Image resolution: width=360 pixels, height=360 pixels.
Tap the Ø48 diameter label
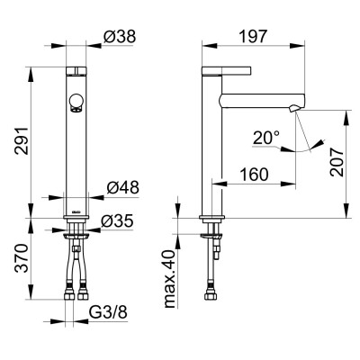click(x=120, y=187)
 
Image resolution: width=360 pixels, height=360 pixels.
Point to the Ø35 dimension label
click(x=120, y=219)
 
